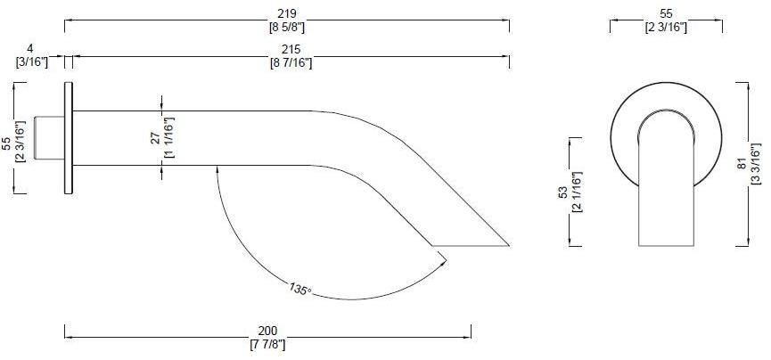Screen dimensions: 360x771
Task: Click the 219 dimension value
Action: tap(287, 14)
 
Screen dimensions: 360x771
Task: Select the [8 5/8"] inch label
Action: tap(287, 27)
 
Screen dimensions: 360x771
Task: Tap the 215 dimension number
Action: tap(291, 50)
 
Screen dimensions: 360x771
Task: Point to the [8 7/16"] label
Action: tap(291, 62)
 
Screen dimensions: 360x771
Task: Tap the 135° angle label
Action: tap(299, 289)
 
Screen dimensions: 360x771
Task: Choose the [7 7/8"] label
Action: tap(267, 343)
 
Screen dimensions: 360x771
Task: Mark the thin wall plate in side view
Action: tap(68, 138)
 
